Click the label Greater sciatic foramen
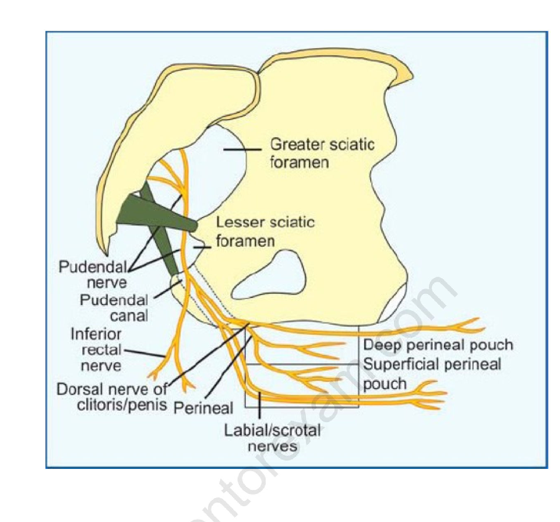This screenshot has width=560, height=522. click(x=322, y=152)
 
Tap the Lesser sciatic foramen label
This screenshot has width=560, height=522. click(x=265, y=230)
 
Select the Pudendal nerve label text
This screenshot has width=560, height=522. click(x=93, y=275)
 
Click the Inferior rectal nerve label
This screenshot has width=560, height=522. click(x=96, y=350)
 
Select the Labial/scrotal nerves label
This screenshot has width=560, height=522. click(x=273, y=439)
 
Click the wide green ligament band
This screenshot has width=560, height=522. click(x=154, y=213)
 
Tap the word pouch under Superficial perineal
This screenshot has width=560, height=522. click(x=385, y=383)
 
